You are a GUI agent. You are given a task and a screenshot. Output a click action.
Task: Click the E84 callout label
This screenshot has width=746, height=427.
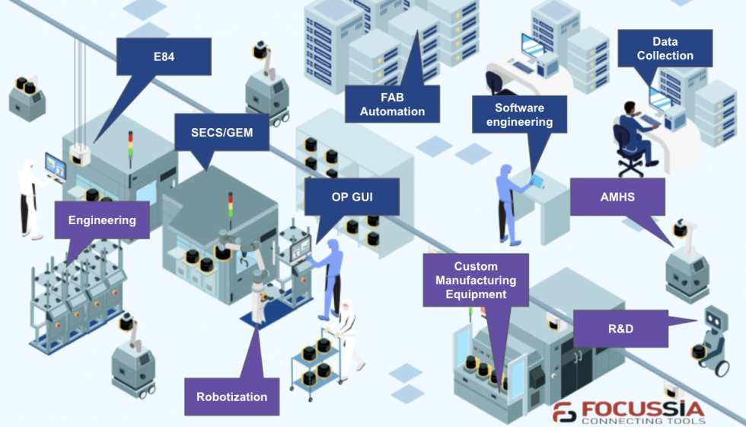(164, 56)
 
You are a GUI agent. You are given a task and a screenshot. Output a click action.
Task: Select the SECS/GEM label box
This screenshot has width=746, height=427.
(222, 133)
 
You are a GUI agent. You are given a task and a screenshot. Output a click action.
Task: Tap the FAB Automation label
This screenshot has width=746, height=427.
(392, 104)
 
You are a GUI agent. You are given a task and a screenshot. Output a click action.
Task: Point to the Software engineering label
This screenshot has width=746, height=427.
(519, 114)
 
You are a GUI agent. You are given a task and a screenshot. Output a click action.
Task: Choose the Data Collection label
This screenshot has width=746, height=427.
(665, 49)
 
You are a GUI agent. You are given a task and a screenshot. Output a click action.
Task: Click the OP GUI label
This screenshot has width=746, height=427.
(352, 197)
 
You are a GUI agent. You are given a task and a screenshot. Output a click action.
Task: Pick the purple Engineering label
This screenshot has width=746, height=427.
(102, 220)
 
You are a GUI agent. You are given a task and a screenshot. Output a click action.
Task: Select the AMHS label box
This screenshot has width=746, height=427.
(617, 197)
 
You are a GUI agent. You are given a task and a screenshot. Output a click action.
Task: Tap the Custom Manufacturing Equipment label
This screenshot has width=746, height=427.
(476, 281)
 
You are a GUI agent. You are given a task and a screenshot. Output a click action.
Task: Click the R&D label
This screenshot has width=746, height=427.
(620, 329)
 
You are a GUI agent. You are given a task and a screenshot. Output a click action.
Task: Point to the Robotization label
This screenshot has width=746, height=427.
(231, 397)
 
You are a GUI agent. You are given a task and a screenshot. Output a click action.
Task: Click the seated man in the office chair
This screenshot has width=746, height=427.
(634, 136)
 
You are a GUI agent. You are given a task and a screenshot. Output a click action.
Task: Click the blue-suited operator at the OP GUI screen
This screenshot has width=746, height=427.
(329, 279)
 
